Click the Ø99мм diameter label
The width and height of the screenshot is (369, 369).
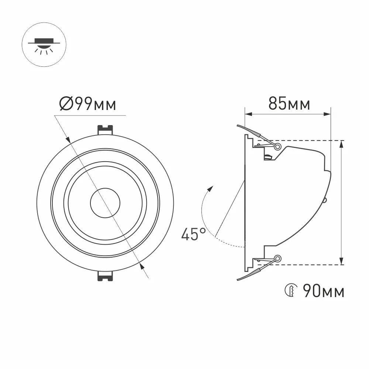[88, 104]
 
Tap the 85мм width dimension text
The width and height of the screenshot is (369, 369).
[289, 104]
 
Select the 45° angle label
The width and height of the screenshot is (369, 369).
[193, 234]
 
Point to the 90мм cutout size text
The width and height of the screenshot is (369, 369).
[323, 292]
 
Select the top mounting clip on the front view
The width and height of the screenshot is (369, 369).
[105, 130]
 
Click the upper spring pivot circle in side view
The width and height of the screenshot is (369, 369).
[278, 146]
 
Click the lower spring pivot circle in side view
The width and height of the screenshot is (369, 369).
[278, 258]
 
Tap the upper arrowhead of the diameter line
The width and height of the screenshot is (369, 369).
[69, 140]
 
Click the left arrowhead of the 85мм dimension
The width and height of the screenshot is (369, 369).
[248, 114]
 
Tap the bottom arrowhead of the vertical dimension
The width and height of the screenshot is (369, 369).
[342, 262]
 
